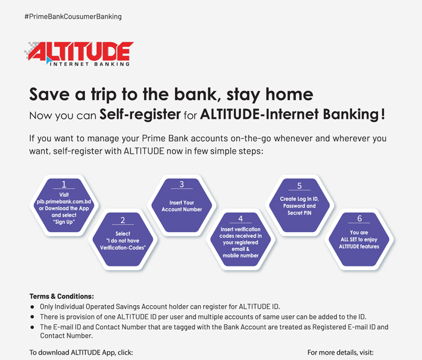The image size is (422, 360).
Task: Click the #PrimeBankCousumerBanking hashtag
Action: tap(73, 17)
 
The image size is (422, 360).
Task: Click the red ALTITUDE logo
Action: tap(81, 51)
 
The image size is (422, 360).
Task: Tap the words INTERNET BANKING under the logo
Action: tap(90, 64)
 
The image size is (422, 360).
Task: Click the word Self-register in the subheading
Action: tap(140, 114)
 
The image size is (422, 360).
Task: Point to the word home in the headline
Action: tap(289, 94)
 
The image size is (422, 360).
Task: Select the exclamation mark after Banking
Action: tap(383, 114)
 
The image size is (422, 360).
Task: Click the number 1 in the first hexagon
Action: tap(64, 184)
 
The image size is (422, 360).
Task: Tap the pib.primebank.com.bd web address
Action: tap(64, 201)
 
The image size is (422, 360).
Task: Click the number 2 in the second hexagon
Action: tap(123, 220)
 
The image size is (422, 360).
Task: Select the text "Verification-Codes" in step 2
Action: tap(123, 247)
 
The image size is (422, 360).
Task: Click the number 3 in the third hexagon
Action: tap(181, 184)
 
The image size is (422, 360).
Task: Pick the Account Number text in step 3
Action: tap(181, 209)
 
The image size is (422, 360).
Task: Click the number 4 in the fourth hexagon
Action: tap(241, 219)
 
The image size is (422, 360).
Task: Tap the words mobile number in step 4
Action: tap(241, 256)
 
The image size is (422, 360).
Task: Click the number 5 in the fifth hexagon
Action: tap(299, 186)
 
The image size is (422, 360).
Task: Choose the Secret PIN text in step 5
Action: tap(299, 213)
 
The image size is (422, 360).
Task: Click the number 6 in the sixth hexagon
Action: tap(359, 218)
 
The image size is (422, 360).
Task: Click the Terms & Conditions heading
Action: tap(61, 296)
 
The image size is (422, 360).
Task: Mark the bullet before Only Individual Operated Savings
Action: tap(33, 307)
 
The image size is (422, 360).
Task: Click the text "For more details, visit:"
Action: tap(341, 352)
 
